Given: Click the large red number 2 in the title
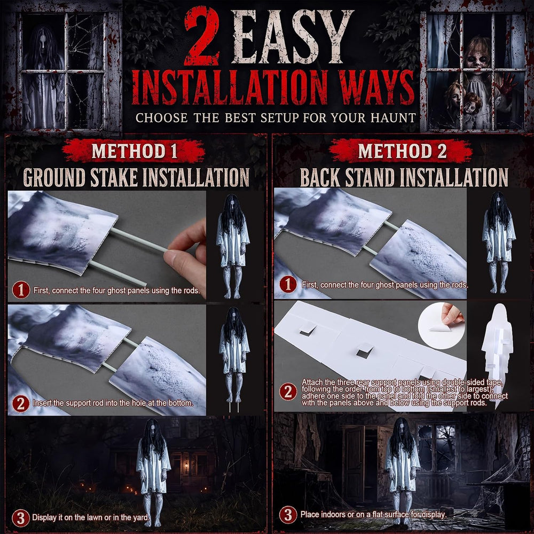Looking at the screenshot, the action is pos(202,36).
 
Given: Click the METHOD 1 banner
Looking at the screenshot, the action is pos(134,151).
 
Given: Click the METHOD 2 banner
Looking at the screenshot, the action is pos(401,151).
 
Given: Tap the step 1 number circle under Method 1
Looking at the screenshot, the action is pos(21,290).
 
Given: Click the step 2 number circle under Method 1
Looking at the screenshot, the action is pos(21,403).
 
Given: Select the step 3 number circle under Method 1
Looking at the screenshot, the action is pos(21,518).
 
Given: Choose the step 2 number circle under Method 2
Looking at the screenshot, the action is pos(288,391).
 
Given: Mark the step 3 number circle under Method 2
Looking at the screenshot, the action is pos(288,515).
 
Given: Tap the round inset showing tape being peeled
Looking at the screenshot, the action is pos(442,325).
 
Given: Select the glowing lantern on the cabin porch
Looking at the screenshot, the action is pos(186,465).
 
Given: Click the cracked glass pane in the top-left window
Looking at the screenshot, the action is pos(86,42).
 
